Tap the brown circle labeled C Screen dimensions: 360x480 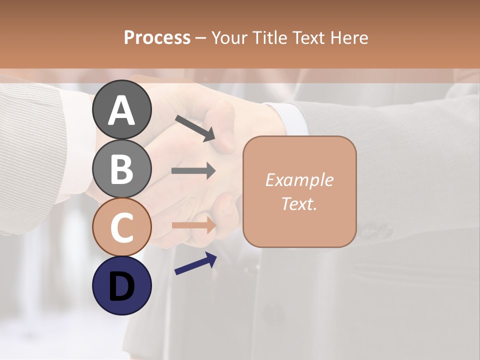point(121,227)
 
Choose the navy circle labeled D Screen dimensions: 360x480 point(121,285)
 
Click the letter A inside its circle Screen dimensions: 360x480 point(121,110)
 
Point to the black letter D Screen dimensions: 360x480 point(121,286)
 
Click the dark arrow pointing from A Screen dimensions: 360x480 point(195,127)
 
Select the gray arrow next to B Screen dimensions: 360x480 point(193,171)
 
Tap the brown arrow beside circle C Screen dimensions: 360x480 point(193,225)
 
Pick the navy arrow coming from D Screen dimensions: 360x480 point(195,263)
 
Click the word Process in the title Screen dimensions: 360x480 point(157,37)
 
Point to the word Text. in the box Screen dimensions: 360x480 point(299,203)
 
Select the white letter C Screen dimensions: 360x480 point(121,227)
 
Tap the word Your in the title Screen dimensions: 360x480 point(229,37)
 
